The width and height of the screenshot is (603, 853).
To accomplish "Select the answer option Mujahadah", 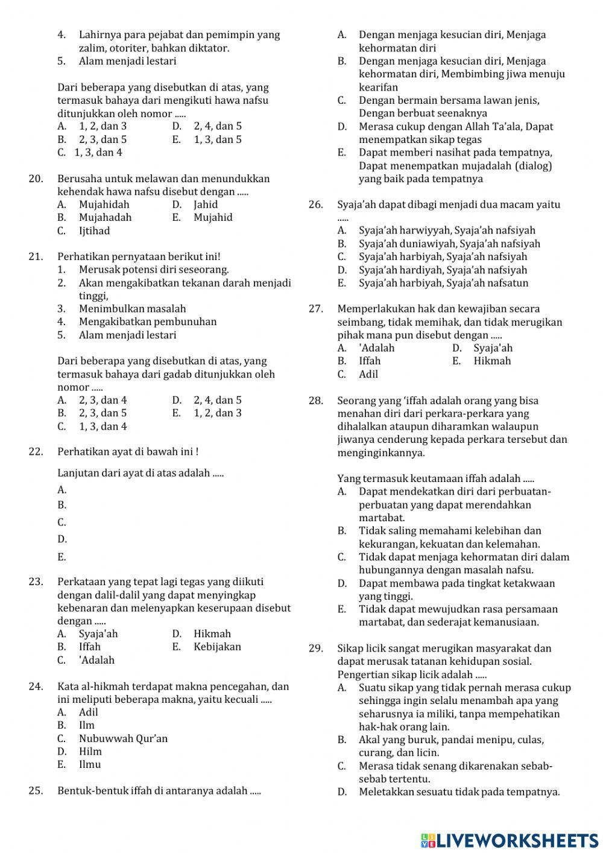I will [x=105, y=217].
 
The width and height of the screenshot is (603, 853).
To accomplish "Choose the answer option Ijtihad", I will [x=94, y=230].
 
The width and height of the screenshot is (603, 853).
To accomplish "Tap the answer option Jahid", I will [x=206, y=205].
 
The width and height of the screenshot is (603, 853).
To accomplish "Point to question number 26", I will [x=315, y=205].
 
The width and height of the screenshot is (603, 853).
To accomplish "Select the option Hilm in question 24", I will [x=90, y=751].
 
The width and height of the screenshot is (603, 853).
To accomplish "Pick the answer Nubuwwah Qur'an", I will [x=123, y=738].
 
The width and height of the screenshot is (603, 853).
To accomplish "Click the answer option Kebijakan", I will [x=217, y=647].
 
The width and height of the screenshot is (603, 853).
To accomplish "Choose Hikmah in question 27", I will [x=492, y=361].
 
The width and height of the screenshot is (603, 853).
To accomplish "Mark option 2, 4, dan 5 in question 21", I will [x=218, y=400].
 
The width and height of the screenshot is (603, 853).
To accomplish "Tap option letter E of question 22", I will [x=62, y=557].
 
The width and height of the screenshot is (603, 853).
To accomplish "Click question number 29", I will [x=315, y=648].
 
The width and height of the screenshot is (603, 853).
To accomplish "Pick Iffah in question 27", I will [x=370, y=361].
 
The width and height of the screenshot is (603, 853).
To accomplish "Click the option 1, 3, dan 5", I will [x=218, y=139].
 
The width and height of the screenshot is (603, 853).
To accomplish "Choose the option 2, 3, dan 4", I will [x=103, y=400].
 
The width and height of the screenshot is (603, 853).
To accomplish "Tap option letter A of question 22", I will [x=62, y=490].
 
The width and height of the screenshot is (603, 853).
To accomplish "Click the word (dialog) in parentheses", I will [x=531, y=166].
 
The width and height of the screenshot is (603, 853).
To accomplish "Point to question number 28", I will [x=315, y=401].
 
